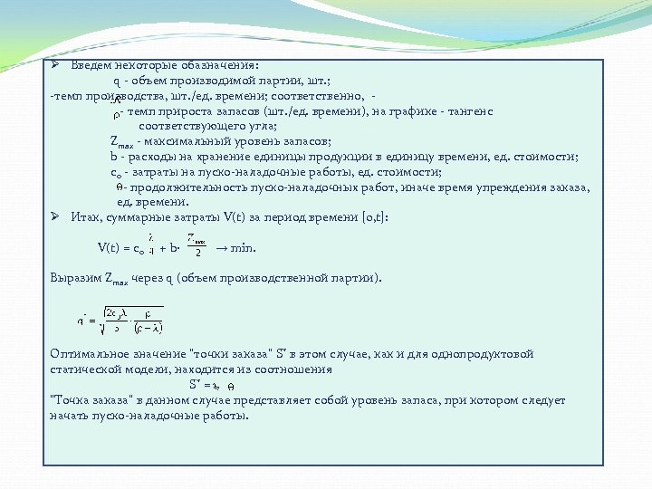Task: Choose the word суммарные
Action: pyautogui.click(x=136, y=216)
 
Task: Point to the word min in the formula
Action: pyautogui.click(x=242, y=248)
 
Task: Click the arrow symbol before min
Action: pyautogui.click(x=218, y=248)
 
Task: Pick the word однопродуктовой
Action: pyautogui.click(x=488, y=353)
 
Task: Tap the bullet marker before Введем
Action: pyautogui.click(x=55, y=66)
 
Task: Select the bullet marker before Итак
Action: pyautogui.click(x=55, y=216)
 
